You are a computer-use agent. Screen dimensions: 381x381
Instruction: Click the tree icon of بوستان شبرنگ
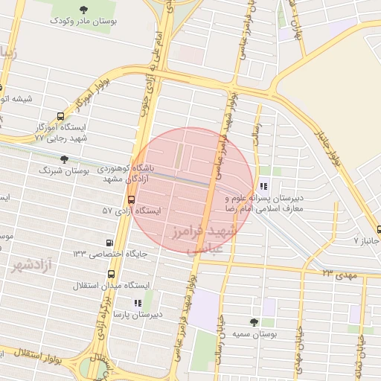point(64,159)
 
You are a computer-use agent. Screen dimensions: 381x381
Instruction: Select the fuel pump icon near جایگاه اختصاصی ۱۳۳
point(110,243)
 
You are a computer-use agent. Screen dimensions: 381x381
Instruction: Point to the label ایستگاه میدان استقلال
point(112,285)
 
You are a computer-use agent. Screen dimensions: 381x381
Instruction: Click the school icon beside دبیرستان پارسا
point(136,303)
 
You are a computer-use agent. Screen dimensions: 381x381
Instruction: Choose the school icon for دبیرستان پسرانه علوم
point(263,187)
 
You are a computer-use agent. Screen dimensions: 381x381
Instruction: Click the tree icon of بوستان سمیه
point(254,322)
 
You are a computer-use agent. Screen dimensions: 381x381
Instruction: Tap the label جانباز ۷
point(366,241)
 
